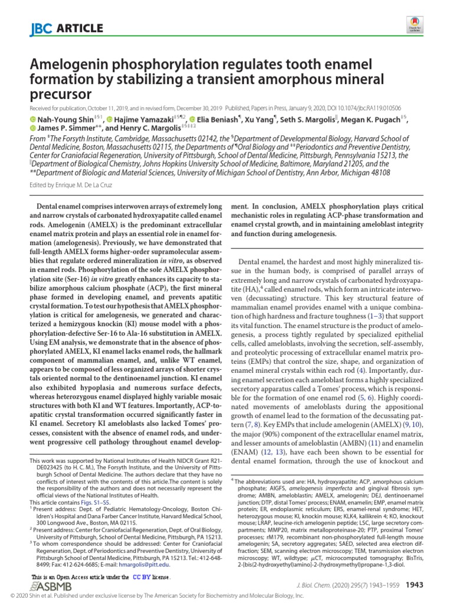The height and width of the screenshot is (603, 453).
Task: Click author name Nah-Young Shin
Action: click(60, 120)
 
